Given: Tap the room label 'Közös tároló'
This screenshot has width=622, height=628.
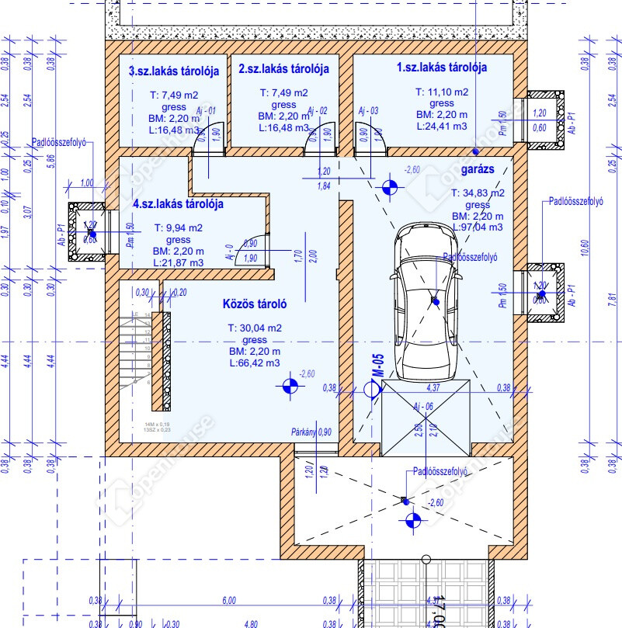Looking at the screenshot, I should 255,304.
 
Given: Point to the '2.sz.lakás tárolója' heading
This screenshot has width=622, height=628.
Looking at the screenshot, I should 283,68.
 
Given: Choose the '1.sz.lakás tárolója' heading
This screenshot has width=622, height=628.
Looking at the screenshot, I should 442,68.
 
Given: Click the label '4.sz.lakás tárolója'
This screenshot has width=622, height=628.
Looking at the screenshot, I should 179,205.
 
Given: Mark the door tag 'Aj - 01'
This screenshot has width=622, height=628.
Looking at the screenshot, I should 205,111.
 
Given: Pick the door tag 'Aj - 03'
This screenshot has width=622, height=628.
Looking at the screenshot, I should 368,111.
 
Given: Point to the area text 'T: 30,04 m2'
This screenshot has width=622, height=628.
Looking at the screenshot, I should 255,328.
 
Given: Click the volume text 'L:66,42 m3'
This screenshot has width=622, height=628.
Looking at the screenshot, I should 255,363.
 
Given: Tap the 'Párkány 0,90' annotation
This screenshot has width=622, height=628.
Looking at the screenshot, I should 311,432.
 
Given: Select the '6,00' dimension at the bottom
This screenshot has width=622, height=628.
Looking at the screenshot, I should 229,600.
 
